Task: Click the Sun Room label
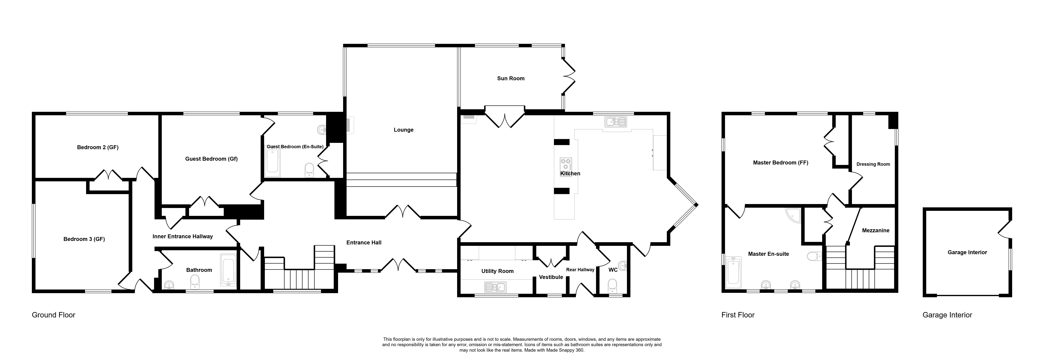coord(511,78)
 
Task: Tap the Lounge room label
coord(404,130)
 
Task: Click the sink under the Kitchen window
coord(615,121)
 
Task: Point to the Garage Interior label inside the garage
coord(967,252)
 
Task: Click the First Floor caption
coord(738,315)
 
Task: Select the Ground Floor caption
coord(53,315)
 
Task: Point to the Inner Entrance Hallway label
coord(183,236)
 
